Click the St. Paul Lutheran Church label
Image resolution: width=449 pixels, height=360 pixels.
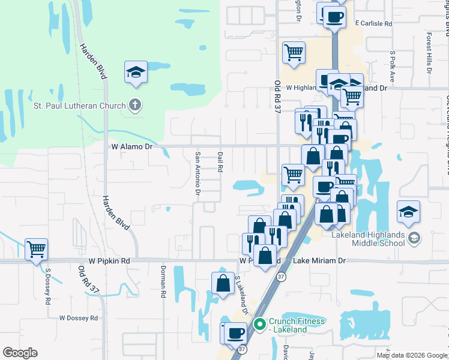tap(77, 107)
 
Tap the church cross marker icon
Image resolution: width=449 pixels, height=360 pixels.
tap(136, 106)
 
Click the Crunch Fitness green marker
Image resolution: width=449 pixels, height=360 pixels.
tap(260, 325)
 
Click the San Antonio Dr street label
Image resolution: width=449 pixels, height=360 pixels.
tap(197, 173)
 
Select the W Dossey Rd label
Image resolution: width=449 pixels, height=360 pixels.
tap(79, 318)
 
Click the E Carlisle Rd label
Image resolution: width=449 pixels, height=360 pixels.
tap(373, 24)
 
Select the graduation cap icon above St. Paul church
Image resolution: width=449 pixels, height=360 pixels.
tap(136, 73)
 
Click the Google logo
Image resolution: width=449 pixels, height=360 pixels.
tap(20, 353)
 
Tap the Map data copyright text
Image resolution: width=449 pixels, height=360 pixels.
tap(412, 355)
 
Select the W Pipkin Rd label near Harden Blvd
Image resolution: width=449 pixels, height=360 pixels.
tap(109, 262)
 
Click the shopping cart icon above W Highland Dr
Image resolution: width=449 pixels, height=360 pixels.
tap(294, 52)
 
